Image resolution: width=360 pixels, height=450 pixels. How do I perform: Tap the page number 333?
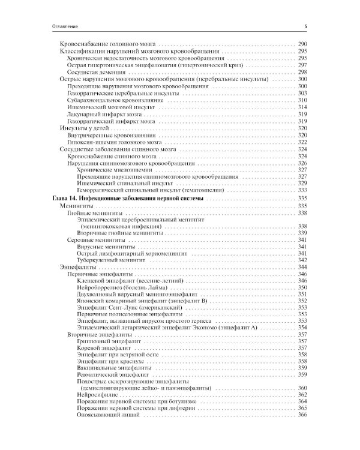pyautogui.click(x=302, y=190)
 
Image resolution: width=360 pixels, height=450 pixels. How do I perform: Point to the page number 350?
pyautogui.click(x=302, y=287)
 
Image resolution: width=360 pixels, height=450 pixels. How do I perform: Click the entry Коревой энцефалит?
pyautogui.click(x=103, y=348)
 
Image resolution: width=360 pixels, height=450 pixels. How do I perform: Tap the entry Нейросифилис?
pyautogui.click(x=97, y=395)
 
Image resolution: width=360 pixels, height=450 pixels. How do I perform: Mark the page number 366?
pyautogui.click(x=302, y=416)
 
